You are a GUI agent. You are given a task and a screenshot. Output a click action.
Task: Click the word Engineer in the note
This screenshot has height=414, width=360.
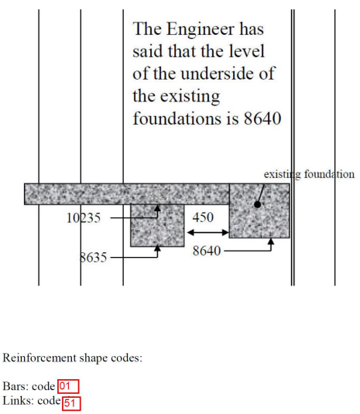pyautogui.click(x=201, y=29)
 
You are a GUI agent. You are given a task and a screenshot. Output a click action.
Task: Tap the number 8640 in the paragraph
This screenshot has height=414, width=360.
pyautogui.click(x=262, y=118)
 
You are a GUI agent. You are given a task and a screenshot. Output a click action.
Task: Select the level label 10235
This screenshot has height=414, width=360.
pyautogui.click(x=84, y=218)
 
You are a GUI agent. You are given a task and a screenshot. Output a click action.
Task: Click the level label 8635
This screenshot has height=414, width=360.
pyautogui.click(x=93, y=257)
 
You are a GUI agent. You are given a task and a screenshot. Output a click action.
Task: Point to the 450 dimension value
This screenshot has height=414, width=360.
pyautogui.click(x=203, y=217)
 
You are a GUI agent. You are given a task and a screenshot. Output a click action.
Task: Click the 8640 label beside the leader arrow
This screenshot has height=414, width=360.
pyautogui.click(x=207, y=250)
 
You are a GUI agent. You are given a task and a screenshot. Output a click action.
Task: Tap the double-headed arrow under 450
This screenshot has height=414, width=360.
pyautogui.click(x=207, y=233)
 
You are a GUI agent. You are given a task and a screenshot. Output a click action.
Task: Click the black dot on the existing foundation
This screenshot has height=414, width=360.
pyautogui.click(x=257, y=204)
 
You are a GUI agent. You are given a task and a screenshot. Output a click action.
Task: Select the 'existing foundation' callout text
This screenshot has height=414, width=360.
pyautogui.click(x=309, y=174)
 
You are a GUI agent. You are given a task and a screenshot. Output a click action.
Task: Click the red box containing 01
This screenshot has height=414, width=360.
pyautogui.click(x=68, y=386)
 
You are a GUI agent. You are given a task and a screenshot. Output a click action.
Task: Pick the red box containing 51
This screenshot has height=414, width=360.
pyautogui.click(x=71, y=403)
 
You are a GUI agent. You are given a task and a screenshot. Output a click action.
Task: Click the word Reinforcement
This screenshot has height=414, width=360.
pyautogui.click(x=39, y=358)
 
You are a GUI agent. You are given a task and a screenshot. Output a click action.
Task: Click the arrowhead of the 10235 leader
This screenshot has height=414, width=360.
pyautogui.click(x=157, y=208)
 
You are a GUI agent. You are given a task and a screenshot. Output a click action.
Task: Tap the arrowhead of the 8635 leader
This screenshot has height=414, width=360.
pyautogui.click(x=157, y=248)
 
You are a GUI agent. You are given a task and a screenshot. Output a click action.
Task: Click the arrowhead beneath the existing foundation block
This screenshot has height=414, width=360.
pyautogui.click(x=271, y=241)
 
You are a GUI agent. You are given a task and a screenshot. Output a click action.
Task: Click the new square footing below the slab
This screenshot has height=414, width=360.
pyautogui.click(x=157, y=225)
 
